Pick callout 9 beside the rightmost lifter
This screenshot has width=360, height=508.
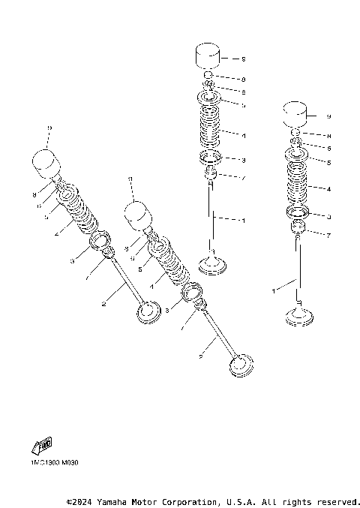pos(328,116)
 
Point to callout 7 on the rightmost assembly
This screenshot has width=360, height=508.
pos(328,235)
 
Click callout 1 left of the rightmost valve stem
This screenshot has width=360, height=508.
pos(274,288)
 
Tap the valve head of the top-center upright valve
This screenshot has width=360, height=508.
pos(213,266)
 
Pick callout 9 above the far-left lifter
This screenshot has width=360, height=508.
pos(49,128)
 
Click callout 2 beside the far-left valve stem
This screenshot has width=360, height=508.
pos(103,303)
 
